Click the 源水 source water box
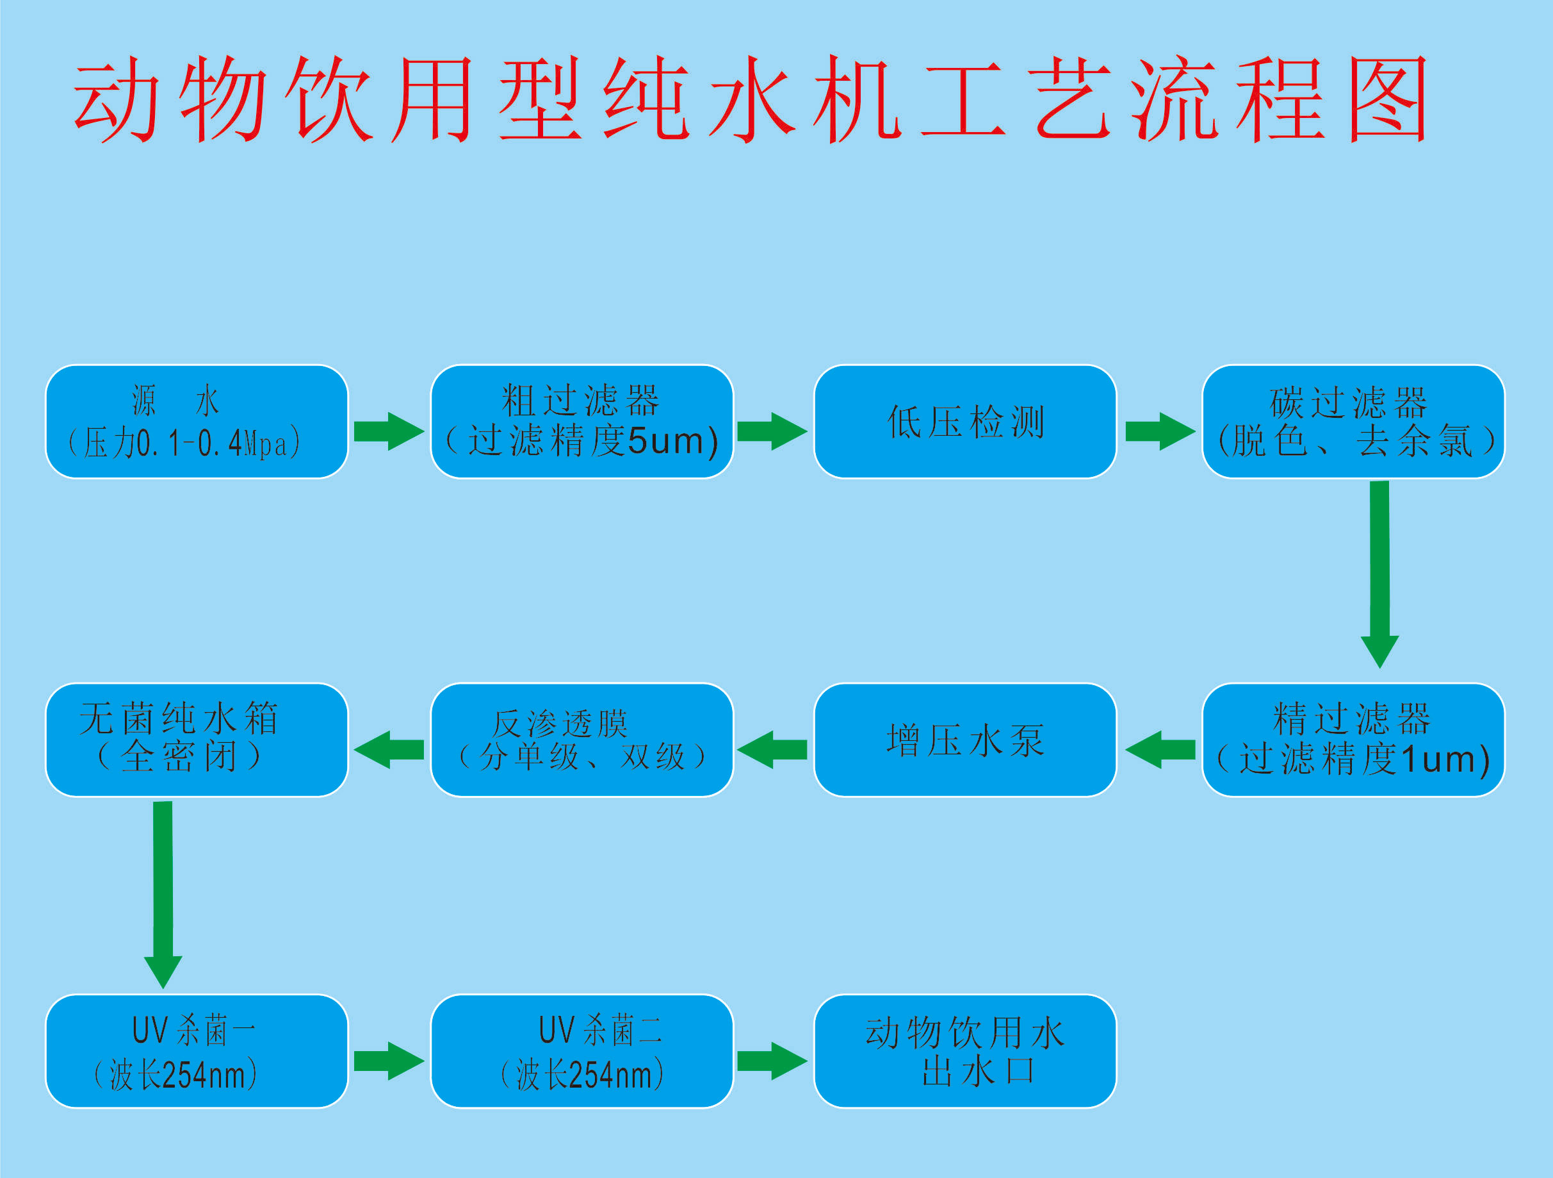click(x=197, y=422)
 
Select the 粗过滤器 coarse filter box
click(x=582, y=422)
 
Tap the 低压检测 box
click(x=965, y=422)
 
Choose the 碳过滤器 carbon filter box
click(x=1354, y=422)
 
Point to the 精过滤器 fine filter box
click(x=1354, y=740)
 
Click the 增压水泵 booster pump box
click(x=965, y=740)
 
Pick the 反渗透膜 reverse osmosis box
click(x=582, y=740)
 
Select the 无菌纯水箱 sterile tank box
click(x=197, y=740)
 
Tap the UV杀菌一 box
click(x=197, y=1052)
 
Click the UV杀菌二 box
click(x=582, y=1052)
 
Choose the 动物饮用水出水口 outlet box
click(x=965, y=1052)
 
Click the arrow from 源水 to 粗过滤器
click(x=389, y=431)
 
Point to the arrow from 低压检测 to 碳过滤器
click(x=1160, y=431)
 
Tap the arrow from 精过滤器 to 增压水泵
click(x=1160, y=749)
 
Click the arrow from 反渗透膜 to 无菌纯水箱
click(x=389, y=749)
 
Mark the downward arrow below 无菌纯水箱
click(x=163, y=895)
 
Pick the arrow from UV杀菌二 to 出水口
click(x=772, y=1061)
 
